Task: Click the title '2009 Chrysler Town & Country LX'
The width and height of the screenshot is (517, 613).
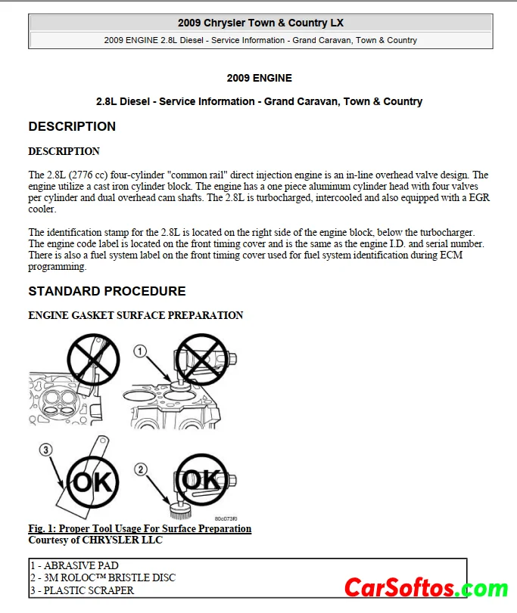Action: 260,23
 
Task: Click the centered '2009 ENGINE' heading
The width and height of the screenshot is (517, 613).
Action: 259,78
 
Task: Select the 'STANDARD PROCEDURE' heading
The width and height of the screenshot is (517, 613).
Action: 107,291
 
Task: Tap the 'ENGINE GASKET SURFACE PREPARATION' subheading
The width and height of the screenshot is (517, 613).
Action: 135,315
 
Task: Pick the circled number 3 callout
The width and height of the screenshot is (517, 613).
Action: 46,450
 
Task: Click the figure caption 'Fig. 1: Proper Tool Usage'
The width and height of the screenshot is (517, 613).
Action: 139,528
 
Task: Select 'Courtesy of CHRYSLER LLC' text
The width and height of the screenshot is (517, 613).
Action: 95,540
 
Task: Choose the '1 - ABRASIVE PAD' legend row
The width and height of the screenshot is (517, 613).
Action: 74,565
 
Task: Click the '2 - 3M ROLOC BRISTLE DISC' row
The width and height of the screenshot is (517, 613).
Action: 102,577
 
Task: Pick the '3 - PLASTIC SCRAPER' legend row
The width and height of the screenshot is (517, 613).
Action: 82,590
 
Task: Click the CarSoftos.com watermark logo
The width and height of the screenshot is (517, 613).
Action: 425,587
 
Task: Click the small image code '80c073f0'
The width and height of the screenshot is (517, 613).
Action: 225,519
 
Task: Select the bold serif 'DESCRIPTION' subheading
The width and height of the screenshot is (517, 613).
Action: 64,151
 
